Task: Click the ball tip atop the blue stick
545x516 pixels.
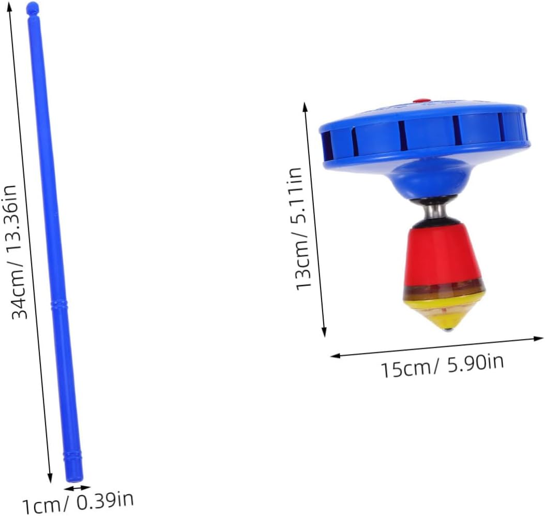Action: (33, 8)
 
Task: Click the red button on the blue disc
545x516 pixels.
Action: (420, 101)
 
